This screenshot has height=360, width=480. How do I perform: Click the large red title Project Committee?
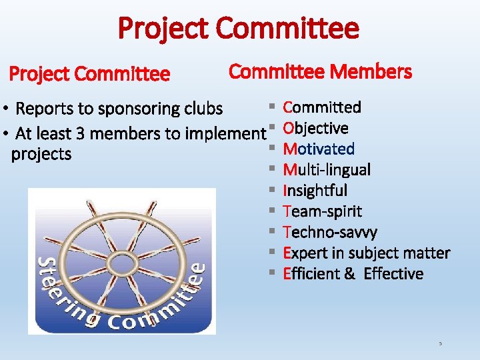click(x=239, y=28)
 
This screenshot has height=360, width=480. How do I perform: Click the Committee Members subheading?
click(x=320, y=71)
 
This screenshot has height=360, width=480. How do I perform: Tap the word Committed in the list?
click(x=322, y=107)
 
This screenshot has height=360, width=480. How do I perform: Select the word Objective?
click(x=315, y=128)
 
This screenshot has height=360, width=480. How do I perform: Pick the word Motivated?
click(x=319, y=149)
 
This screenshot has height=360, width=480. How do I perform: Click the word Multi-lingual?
click(x=327, y=169)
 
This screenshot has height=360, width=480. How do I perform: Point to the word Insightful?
click(x=315, y=191)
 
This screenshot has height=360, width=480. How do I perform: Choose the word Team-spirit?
click(x=323, y=211)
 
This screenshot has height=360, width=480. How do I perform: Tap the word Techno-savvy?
click(x=330, y=232)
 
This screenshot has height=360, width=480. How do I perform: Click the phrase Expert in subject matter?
click(x=366, y=253)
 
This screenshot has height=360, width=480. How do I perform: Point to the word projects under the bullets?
click(x=41, y=154)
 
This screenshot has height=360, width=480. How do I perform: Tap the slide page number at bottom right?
click(x=440, y=343)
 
